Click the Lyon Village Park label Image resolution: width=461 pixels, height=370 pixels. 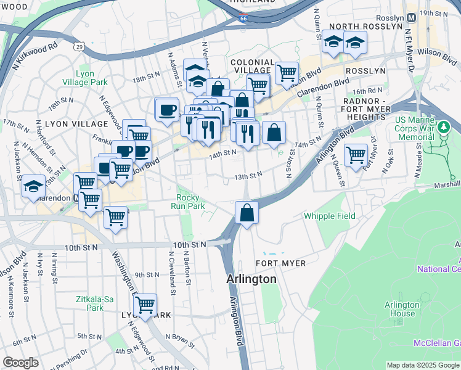[84, 78]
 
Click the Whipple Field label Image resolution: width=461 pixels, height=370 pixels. [329, 216]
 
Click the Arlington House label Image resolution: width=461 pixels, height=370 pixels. [402, 309]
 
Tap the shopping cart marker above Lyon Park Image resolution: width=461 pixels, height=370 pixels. [145, 305]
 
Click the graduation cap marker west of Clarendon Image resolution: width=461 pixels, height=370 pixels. [33, 187]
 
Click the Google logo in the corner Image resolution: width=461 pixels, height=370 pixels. [20, 363]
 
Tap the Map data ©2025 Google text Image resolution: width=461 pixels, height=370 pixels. [422, 365]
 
